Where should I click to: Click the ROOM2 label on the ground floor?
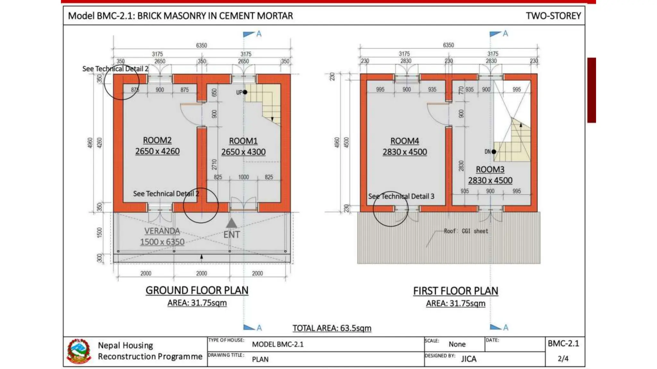157,140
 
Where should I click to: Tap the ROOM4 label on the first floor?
405,141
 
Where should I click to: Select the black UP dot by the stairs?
245,92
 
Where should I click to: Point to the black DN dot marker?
494,152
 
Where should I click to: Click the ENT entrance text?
232,235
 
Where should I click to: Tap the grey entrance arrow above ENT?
232,223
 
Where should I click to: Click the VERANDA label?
162,231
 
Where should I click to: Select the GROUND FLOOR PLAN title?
197,291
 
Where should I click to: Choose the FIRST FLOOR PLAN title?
456,291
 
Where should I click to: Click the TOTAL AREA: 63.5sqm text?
332,328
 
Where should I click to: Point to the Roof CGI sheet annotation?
466,231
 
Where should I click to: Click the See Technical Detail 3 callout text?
401,196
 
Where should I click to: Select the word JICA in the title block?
469,359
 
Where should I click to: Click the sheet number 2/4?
563,358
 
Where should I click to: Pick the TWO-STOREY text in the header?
553,16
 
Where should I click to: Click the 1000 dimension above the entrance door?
243,177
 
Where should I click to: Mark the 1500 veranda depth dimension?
99,233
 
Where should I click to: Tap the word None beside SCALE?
457,344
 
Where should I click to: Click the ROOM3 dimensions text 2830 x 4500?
490,181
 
